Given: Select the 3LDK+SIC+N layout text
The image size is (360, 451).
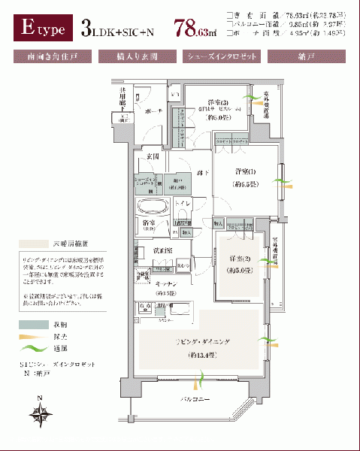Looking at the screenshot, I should tap(121, 30).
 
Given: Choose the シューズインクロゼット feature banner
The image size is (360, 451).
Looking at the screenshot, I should tap(222, 56).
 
